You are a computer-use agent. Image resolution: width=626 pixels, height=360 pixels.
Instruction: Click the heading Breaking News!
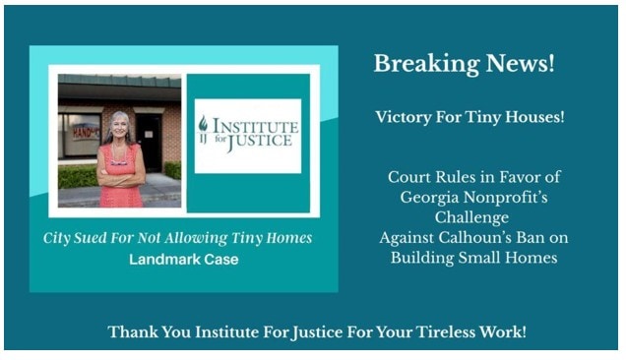click(x=464, y=65)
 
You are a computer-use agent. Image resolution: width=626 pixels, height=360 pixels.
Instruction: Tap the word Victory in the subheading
click(x=403, y=117)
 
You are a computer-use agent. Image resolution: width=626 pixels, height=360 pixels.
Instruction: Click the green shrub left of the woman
click(x=77, y=176)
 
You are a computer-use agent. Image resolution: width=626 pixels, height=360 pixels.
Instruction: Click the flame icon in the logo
click(x=204, y=125)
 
